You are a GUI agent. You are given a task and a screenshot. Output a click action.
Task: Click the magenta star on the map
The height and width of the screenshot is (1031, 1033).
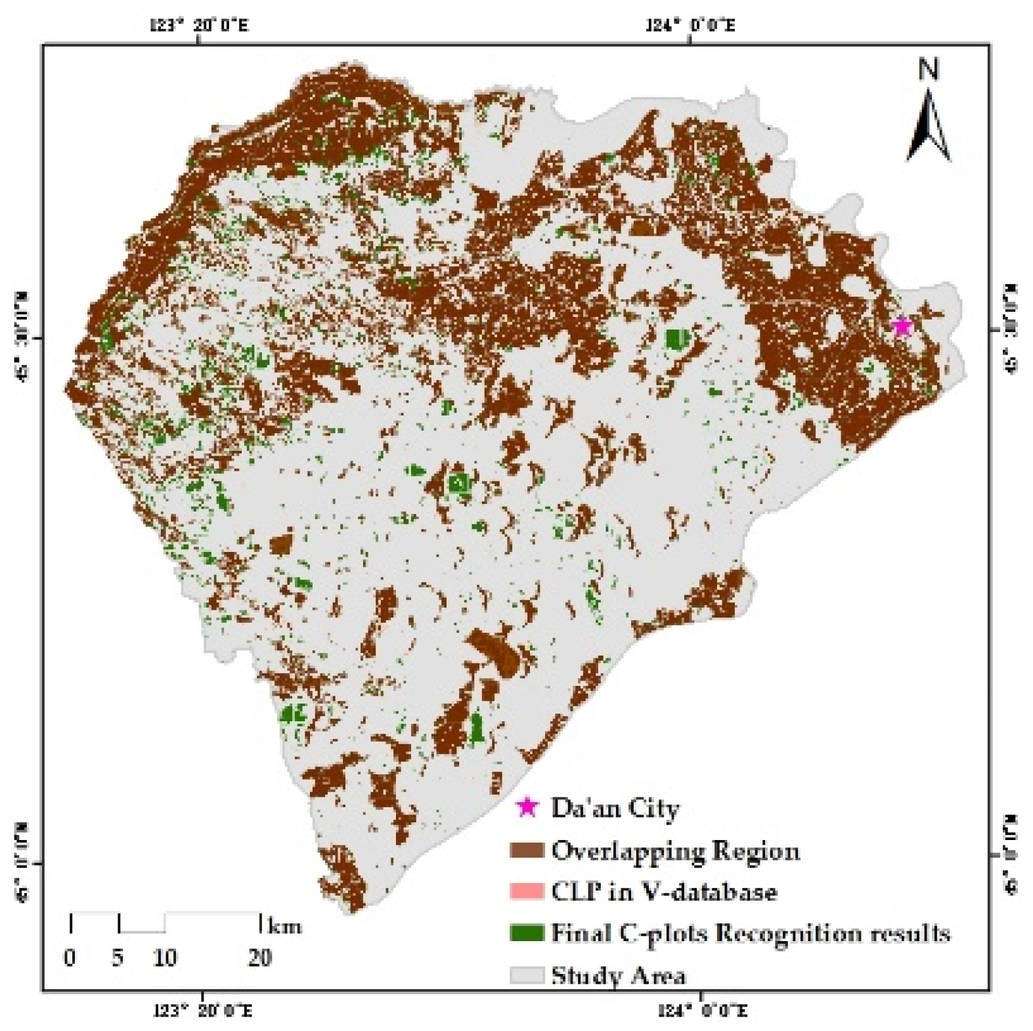click(x=902, y=326)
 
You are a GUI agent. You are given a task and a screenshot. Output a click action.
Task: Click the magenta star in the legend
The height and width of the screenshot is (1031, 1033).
click(x=527, y=808)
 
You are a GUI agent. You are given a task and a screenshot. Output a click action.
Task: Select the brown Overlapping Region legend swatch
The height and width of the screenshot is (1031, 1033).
click(x=527, y=851)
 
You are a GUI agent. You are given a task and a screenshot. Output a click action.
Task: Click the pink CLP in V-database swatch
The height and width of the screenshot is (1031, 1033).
click(x=527, y=892)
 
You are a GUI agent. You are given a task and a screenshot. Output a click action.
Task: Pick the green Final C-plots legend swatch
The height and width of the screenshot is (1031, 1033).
click(x=527, y=933)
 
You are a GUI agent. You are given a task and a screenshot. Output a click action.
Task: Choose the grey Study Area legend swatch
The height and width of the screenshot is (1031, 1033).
click(x=527, y=975)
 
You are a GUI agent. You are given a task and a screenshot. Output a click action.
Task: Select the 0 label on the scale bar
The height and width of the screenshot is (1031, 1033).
click(x=70, y=958)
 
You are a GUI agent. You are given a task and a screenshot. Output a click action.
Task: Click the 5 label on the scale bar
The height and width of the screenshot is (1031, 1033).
click(x=118, y=958)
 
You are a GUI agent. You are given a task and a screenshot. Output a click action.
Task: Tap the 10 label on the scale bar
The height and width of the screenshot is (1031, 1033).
click(x=165, y=958)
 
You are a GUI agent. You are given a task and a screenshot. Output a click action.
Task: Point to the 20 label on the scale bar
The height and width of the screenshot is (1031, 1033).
click(x=259, y=958)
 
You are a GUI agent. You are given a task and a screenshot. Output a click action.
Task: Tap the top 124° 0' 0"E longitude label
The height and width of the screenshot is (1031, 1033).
click(x=690, y=26)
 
